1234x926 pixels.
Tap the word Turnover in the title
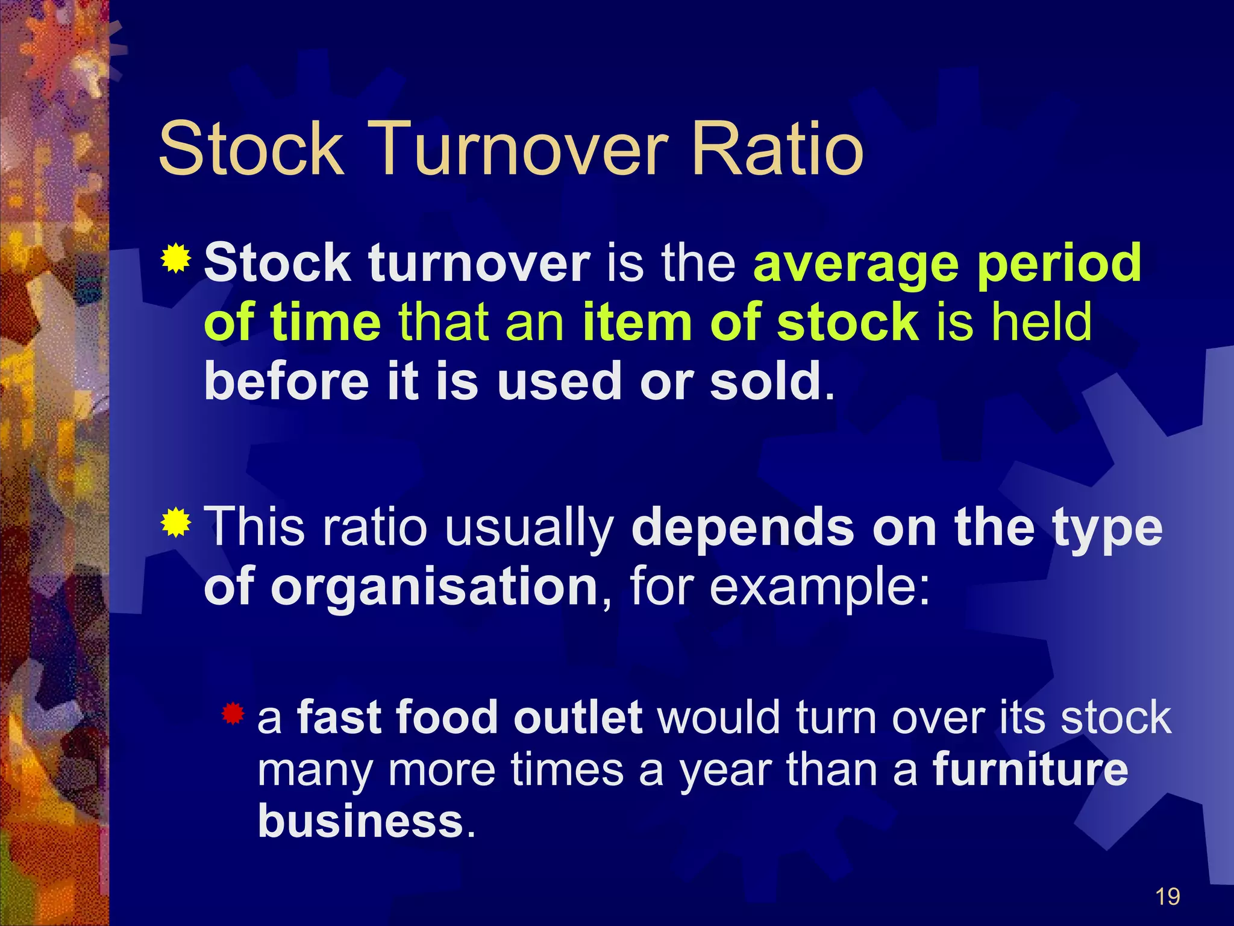point(521,148)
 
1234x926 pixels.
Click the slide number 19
point(1167,897)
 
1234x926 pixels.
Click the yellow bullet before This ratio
point(175,522)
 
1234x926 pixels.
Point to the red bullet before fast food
point(233,714)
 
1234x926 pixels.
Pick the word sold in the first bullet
point(766,381)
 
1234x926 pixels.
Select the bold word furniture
point(1030,770)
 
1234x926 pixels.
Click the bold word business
point(360,821)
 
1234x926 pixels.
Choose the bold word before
point(286,381)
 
